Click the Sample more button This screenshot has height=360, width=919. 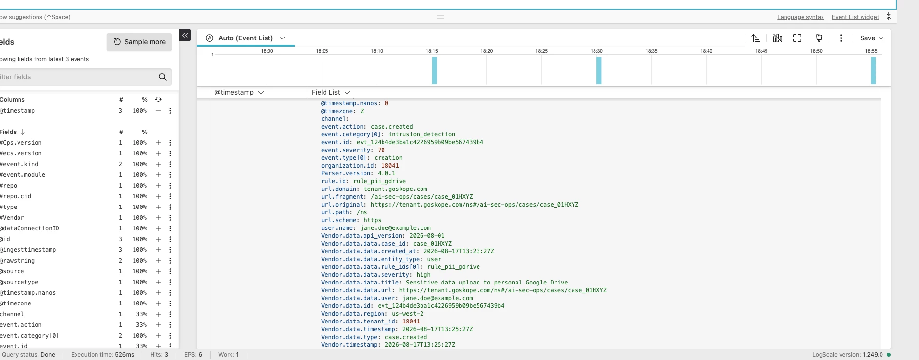139,42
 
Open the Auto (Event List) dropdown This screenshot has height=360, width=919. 245,38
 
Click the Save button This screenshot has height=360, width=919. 871,38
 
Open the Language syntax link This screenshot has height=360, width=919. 800,17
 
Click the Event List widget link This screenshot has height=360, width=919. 855,17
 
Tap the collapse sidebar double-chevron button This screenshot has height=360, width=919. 185,35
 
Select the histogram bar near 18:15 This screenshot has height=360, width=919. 434,71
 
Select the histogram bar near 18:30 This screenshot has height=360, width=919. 599,71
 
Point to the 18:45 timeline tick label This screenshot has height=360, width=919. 761,51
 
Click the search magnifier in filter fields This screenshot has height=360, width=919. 163,77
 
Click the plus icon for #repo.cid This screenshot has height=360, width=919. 158,196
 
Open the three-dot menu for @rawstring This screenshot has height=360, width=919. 170,261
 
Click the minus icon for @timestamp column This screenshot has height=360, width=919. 158,111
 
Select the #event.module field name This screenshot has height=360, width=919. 22,175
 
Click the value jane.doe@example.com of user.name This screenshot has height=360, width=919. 396,228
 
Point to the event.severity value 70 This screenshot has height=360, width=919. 381,150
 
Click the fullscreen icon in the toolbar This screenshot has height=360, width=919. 797,38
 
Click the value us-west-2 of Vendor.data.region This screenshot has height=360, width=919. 407,314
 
